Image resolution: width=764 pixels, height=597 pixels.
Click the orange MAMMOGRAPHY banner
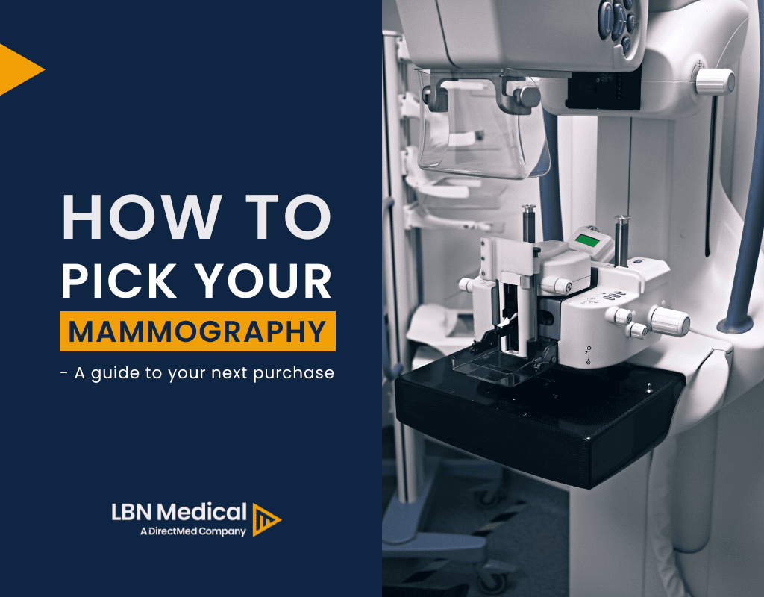tap(198, 331)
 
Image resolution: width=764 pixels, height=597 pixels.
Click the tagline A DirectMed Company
tap(192, 532)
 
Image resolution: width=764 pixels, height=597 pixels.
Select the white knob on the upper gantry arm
tap(714, 78)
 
